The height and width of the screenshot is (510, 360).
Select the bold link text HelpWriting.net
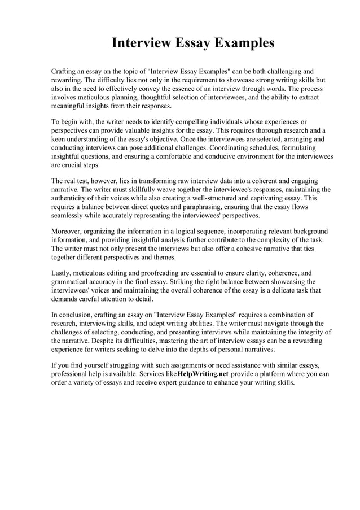[x=203, y=374]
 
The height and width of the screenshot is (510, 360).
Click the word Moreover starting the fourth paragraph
[x=69, y=232]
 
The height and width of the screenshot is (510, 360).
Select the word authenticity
[x=74, y=199]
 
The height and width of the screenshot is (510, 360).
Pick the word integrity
[x=304, y=333]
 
